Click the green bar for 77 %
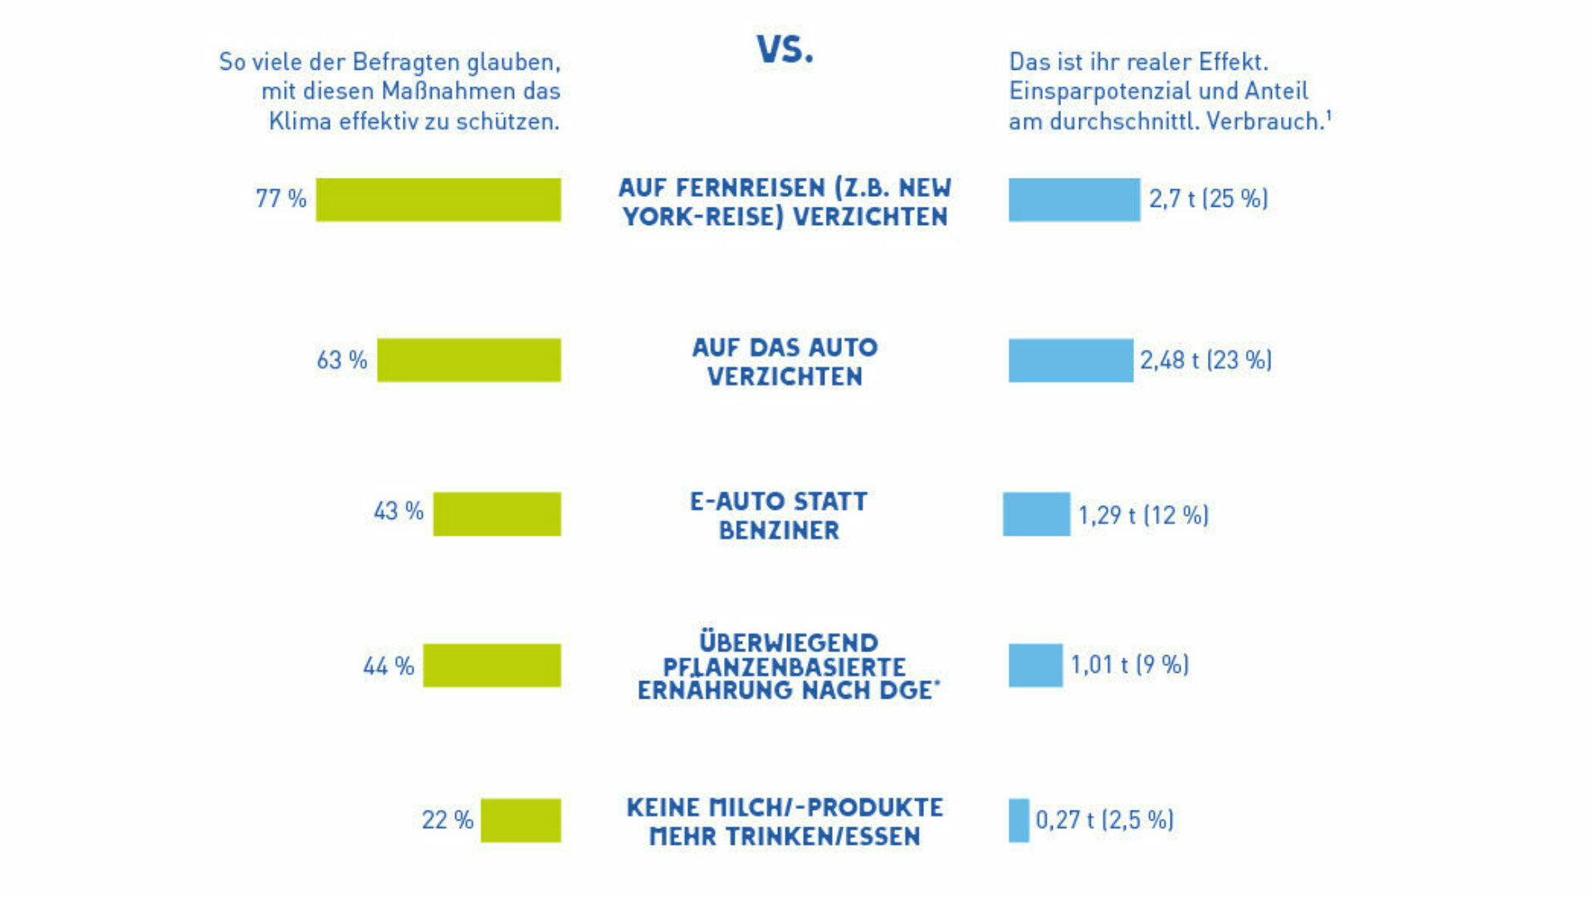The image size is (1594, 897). tap(438, 199)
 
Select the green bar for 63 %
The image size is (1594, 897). tap(469, 360)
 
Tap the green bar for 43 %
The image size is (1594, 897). tap(496, 513)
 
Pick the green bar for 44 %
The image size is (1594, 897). tap(491, 665)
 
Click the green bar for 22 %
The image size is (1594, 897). tap(521, 820)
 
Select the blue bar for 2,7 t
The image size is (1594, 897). tap(1074, 199)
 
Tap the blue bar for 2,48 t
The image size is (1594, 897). tap(1070, 360)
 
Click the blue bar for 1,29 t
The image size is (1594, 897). tap(1036, 513)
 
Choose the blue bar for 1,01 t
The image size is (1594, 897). tap(1035, 665)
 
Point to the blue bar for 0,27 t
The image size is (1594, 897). tap(1019, 820)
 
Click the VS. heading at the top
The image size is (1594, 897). tap(785, 50)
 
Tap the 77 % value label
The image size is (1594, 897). tap(281, 199)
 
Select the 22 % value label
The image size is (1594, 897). tap(447, 820)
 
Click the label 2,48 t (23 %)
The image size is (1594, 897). tap(1205, 360)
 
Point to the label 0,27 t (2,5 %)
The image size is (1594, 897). tap(1104, 820)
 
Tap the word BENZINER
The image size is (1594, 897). tap(779, 531)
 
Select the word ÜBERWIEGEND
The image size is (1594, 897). tap(788, 642)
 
